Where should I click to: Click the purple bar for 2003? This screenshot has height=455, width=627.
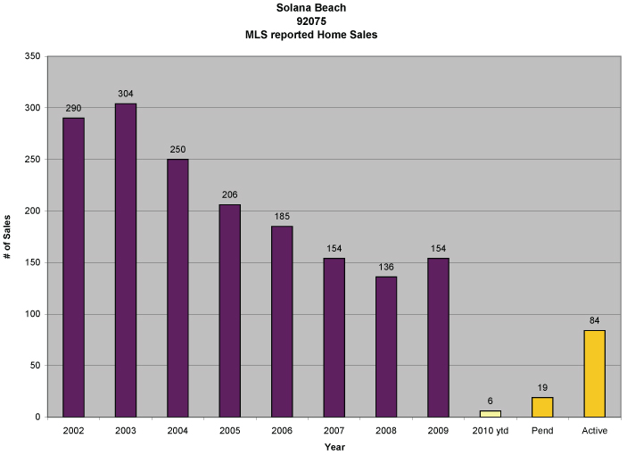(x=126, y=260)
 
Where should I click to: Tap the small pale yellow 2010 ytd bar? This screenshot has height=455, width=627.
(x=491, y=413)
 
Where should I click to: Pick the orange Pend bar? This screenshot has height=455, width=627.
(x=542, y=407)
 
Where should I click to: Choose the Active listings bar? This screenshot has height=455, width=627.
(x=594, y=373)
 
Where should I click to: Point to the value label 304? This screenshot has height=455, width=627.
(x=126, y=94)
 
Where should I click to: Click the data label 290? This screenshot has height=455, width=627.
(x=73, y=108)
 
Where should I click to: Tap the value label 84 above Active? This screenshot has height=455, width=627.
(x=594, y=320)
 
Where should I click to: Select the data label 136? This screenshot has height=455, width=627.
(x=386, y=267)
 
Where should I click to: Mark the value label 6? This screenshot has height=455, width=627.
(x=491, y=401)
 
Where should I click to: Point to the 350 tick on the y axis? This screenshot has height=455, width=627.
(x=33, y=56)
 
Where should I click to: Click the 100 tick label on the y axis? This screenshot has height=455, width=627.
(x=33, y=314)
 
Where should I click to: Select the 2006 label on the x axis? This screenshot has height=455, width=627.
(x=282, y=432)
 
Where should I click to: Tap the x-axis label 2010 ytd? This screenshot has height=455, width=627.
(x=491, y=432)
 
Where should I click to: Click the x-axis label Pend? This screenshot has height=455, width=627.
(x=542, y=432)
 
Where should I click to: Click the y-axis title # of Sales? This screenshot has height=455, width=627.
(x=8, y=236)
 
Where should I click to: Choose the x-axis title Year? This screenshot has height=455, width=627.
(x=334, y=447)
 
